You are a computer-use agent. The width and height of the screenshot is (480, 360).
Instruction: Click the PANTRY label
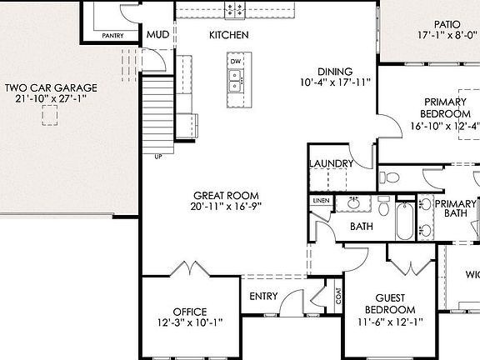pos(112,36)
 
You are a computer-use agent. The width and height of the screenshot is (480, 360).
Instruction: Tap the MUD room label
pos(158,35)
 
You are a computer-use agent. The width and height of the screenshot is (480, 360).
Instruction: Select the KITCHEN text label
pos(228,35)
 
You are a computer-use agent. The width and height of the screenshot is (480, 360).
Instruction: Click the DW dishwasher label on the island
pos(236,62)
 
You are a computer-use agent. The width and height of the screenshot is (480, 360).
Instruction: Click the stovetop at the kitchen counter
pos(235,9)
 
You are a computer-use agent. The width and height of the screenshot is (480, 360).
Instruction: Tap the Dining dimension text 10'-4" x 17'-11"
pos(336,83)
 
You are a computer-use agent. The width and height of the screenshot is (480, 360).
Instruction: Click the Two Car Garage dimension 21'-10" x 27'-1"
pos(51,99)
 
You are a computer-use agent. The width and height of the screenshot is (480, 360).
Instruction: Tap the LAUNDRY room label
pos(331,163)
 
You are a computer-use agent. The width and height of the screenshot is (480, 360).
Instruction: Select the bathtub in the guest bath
pos(405,221)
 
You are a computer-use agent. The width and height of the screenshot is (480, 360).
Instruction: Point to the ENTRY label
pos(264,296)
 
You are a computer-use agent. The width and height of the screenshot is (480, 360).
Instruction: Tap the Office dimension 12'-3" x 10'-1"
pos(189,323)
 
